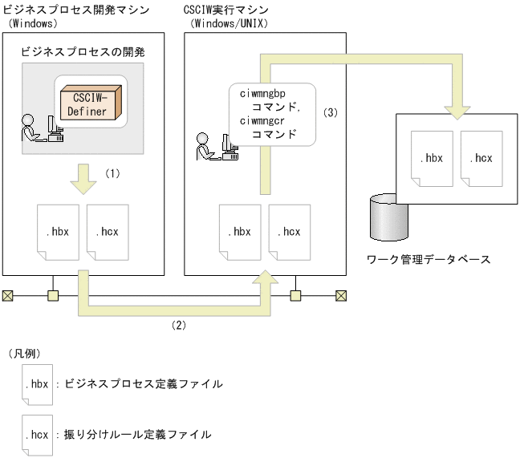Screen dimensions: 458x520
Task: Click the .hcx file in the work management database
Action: (x=482, y=159)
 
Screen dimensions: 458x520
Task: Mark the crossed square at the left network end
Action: (x=8, y=296)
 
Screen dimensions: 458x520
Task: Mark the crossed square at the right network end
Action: (x=341, y=296)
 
